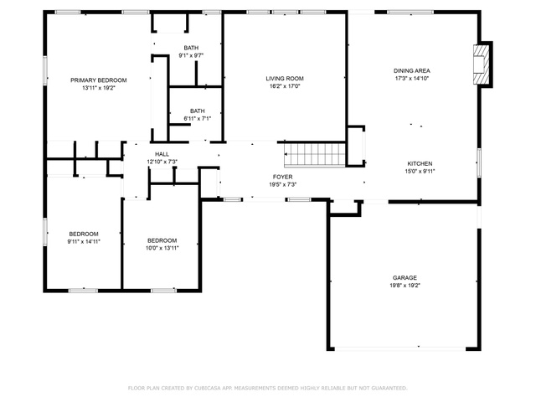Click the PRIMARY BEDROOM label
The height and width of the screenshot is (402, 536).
(99, 80)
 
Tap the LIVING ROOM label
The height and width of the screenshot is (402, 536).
(285, 79)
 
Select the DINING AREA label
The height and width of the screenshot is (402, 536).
(412, 70)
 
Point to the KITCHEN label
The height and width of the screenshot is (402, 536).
(420, 164)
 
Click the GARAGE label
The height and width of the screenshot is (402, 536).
(405, 278)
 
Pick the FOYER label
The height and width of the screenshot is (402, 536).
(283, 177)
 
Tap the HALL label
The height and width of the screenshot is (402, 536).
(162, 154)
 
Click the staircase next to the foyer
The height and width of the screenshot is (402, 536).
(315, 154)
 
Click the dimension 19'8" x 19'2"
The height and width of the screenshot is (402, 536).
(405, 286)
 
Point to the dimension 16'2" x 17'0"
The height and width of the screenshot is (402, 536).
(285, 86)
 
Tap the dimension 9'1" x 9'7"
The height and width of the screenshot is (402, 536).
(191, 55)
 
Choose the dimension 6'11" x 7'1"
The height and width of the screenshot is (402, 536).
(198, 119)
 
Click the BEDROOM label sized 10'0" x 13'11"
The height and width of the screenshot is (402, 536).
(162, 240)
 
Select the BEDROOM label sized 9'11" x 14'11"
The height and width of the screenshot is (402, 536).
(84, 234)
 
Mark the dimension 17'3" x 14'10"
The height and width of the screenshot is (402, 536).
(412, 78)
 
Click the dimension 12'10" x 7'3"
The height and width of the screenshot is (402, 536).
(162, 162)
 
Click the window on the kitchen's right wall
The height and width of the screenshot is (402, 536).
(479, 162)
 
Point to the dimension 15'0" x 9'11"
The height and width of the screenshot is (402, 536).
(420, 171)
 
